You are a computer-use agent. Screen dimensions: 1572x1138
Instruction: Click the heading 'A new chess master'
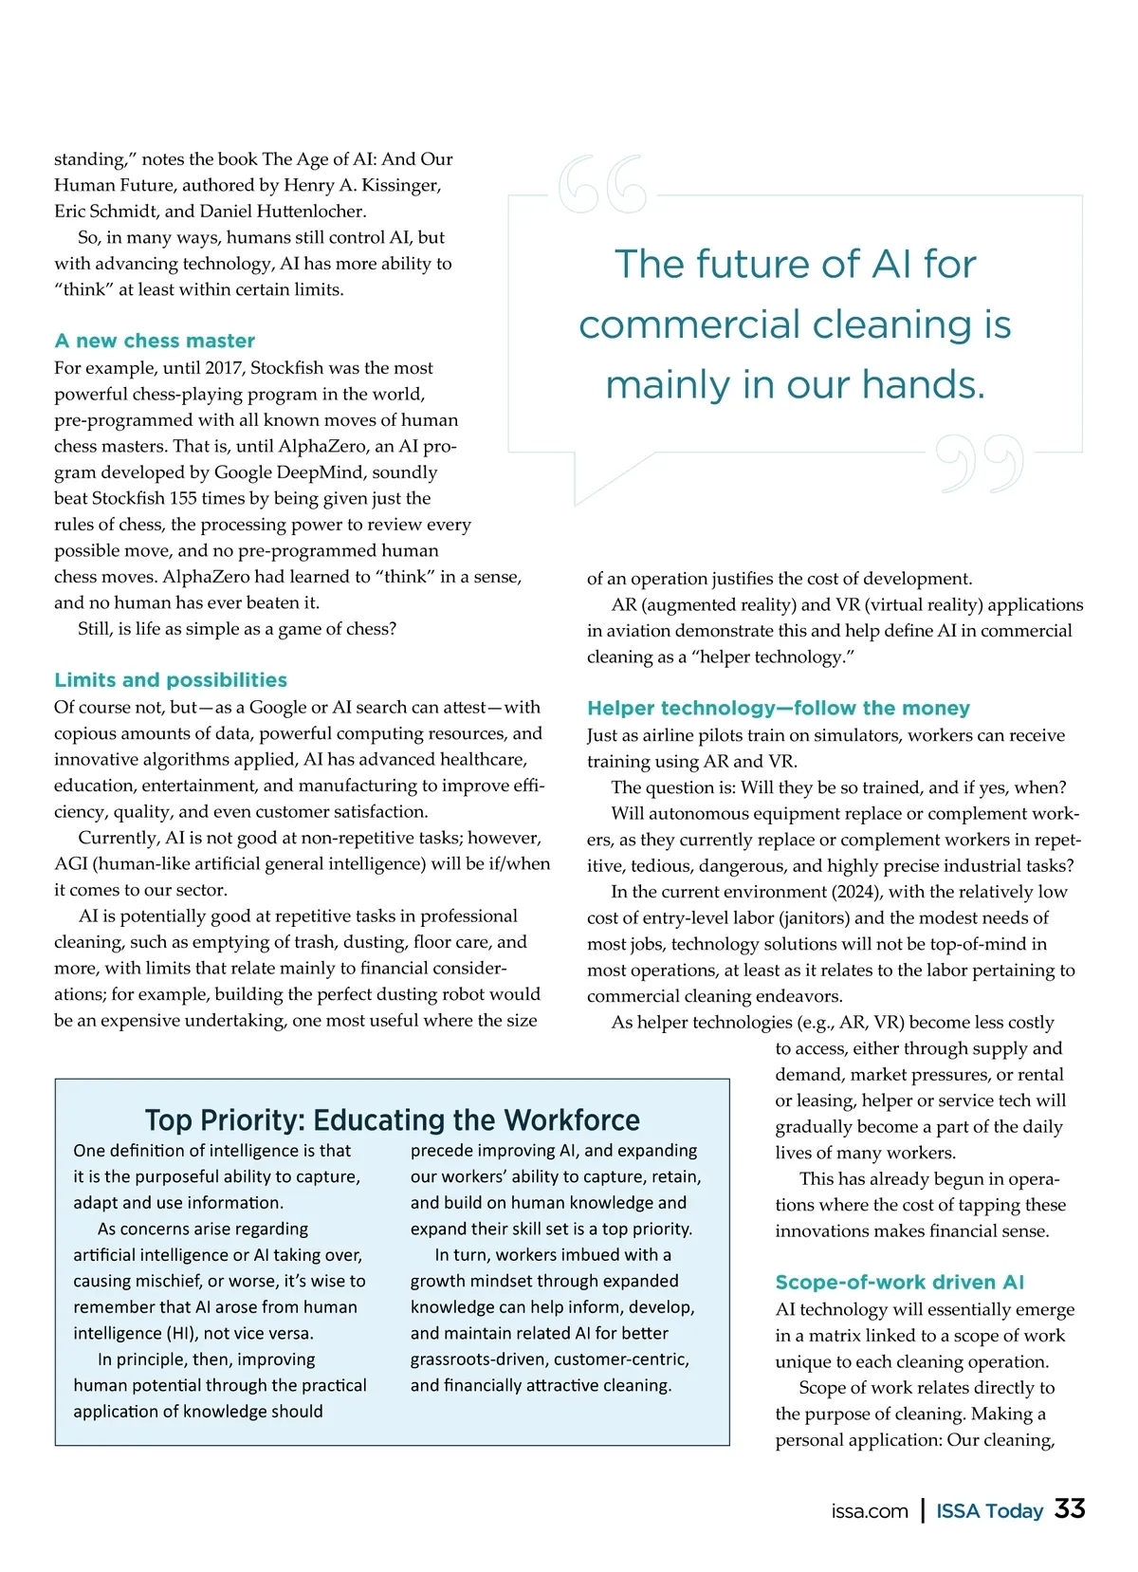(155, 341)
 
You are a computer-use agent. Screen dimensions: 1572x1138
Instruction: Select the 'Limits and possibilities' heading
(171, 680)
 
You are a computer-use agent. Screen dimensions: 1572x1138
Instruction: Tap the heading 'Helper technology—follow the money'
(779, 708)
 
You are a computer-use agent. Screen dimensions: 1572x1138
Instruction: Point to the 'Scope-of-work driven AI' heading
(900, 1282)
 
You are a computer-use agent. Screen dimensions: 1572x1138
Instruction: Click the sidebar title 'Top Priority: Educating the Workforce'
(392, 1119)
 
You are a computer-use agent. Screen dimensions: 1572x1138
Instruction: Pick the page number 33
(1071, 1509)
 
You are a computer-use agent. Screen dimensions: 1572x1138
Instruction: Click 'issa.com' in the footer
(870, 1511)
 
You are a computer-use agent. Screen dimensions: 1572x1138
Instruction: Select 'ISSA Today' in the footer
(989, 1511)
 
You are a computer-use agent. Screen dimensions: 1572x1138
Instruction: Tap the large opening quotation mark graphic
(602, 185)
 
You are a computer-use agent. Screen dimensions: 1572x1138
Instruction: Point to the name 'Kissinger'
(401, 185)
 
